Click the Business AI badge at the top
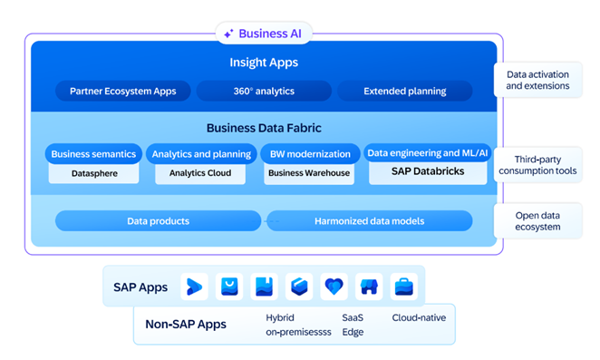(x=264, y=34)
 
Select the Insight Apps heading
(x=264, y=63)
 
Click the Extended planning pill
(x=404, y=91)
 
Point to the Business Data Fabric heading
(x=264, y=128)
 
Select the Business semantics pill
(x=93, y=154)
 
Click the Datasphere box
(x=93, y=172)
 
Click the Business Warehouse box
(x=308, y=172)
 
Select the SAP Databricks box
(x=427, y=170)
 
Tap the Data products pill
(x=158, y=220)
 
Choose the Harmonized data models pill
(x=369, y=220)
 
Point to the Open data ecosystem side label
(x=537, y=221)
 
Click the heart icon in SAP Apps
(x=334, y=287)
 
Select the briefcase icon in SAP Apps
(x=404, y=287)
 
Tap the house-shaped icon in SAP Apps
(x=369, y=287)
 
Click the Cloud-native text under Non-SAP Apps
(x=418, y=318)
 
